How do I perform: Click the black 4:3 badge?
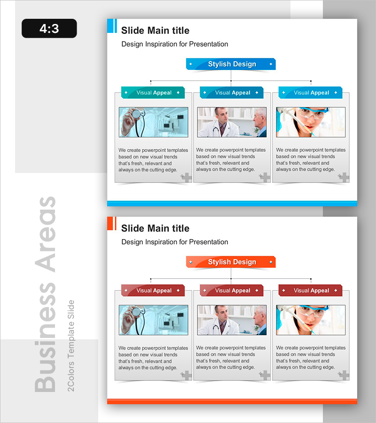[x=49, y=28]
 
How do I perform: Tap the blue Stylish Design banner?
[x=231, y=64]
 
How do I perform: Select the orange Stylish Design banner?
[x=231, y=262]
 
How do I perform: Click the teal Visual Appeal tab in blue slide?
[x=153, y=93]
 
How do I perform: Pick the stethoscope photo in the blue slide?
[x=154, y=122]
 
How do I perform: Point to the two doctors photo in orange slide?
[x=232, y=320]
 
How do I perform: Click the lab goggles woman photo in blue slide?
[x=311, y=122]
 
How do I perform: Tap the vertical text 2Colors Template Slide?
[x=70, y=345]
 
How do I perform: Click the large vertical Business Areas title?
[x=45, y=294]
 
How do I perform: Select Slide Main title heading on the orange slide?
[x=155, y=228]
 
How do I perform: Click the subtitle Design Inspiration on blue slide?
[x=174, y=44]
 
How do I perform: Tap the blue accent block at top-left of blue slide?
[x=112, y=26]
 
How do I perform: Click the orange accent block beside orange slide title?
[x=112, y=224]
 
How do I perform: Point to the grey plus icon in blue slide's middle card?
[x=265, y=177]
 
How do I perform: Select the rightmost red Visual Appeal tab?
[x=311, y=290]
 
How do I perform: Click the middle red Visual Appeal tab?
[x=232, y=290]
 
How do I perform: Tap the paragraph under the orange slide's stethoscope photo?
[x=153, y=358]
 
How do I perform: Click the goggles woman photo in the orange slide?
[x=311, y=320]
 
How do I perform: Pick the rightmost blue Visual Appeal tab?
[x=311, y=93]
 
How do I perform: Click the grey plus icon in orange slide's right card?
[x=344, y=375]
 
